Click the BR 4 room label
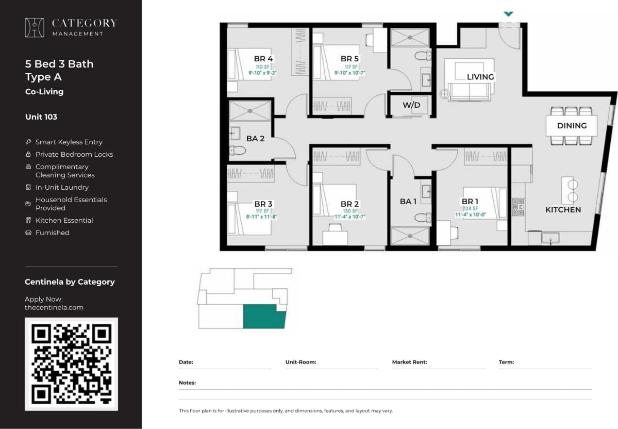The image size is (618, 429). pyautogui.click(x=263, y=59)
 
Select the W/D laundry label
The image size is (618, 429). pyautogui.click(x=411, y=105)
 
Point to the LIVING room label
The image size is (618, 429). pyautogui.click(x=480, y=77)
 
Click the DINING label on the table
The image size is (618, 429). pyautogui.click(x=572, y=125)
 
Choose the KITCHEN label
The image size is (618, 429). pyautogui.click(x=563, y=209)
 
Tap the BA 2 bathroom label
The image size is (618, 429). pyautogui.click(x=255, y=139)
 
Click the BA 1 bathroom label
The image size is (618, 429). pyautogui.click(x=408, y=201)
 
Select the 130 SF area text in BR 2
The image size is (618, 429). pyautogui.click(x=349, y=211)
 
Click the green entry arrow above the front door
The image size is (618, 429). pyautogui.click(x=509, y=14)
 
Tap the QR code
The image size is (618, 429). pyautogui.click(x=71, y=364)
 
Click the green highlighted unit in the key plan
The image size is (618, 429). pyautogui.click(x=264, y=317)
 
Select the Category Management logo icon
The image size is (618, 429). pyautogui.click(x=35, y=27)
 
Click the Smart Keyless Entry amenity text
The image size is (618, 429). pyautogui.click(x=69, y=142)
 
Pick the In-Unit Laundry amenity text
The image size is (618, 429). pyautogui.click(x=62, y=187)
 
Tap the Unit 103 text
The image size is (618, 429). pyautogui.click(x=41, y=117)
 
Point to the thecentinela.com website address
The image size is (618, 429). pyautogui.click(x=54, y=307)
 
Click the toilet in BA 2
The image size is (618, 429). pyautogui.click(x=238, y=151)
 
